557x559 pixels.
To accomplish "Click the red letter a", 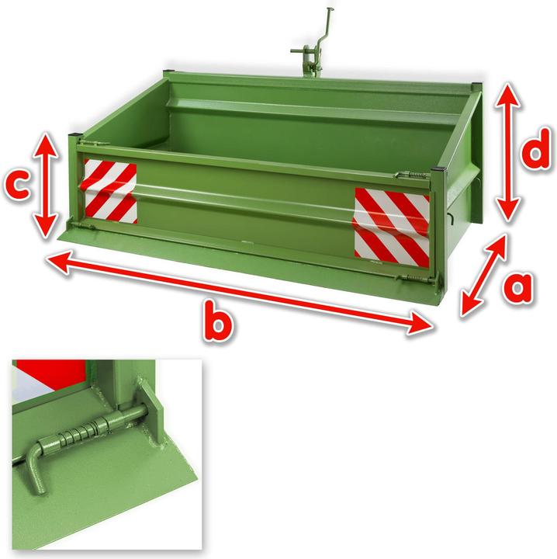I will (515, 288).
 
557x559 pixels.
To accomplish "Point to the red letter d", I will (536, 154).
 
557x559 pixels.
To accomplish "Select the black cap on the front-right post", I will (439, 169).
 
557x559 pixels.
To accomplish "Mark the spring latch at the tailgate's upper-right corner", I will (409, 175).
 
